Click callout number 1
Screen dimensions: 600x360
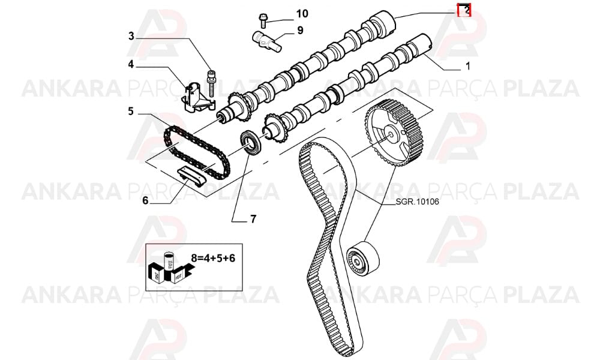[x=467, y=66]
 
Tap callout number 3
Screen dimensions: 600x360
[x=131, y=37]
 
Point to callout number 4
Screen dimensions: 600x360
[x=131, y=65]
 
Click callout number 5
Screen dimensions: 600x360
[x=131, y=112]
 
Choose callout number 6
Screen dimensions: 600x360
[x=145, y=200]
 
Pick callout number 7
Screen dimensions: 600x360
[x=253, y=219]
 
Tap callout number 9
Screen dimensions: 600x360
[x=300, y=30]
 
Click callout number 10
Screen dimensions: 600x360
[x=302, y=14]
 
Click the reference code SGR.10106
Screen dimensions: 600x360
[x=417, y=202]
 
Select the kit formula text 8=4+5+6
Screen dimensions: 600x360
[x=213, y=258]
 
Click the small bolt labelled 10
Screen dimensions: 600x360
[x=263, y=20]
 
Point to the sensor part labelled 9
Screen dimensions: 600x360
[x=266, y=42]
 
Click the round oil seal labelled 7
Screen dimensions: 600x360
[x=251, y=143]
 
